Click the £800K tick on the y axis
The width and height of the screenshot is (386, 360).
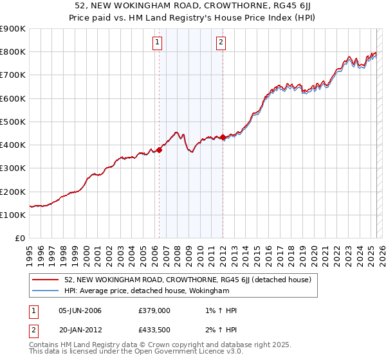13,52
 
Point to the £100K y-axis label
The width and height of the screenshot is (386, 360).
13,215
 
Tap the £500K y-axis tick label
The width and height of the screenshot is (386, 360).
13,122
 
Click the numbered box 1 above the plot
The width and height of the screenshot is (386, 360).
158,43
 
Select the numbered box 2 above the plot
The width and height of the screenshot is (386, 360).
221,43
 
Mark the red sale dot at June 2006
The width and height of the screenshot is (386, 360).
159,150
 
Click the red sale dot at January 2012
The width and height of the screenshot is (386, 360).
223,137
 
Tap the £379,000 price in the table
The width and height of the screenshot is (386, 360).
154,310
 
